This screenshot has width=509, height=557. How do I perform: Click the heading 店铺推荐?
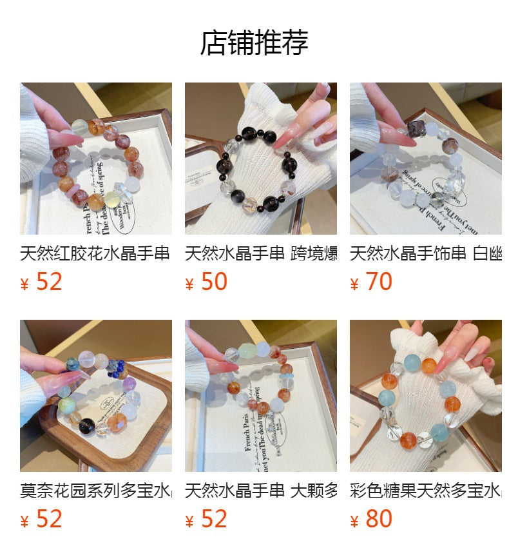(254, 43)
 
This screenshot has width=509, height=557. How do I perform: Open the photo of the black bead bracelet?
(260, 159)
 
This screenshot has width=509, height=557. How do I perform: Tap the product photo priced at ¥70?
(425, 159)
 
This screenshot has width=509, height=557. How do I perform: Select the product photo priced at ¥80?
(425, 396)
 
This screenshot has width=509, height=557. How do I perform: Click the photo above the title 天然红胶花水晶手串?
(95, 159)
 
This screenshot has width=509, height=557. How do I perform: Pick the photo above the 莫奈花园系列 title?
(95, 396)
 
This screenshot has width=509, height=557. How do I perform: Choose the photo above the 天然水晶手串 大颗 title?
(260, 396)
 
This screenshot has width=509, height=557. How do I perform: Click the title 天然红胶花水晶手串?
(95, 253)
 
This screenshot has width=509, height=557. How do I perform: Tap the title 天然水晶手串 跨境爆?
(260, 253)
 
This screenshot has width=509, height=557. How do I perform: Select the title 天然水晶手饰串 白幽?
(425, 253)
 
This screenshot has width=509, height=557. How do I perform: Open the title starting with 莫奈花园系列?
(95, 491)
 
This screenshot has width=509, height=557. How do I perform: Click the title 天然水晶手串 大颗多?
(260, 491)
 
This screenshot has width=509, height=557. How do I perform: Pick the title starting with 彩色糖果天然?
(425, 491)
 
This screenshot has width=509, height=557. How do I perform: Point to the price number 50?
(214, 282)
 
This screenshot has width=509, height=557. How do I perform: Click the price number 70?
(379, 282)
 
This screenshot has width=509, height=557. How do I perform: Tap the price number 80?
(379, 519)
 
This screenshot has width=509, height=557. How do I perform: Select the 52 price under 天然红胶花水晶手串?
(49, 282)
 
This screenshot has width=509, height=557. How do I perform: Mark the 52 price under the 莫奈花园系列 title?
(49, 519)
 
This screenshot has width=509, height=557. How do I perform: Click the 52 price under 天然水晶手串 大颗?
(214, 519)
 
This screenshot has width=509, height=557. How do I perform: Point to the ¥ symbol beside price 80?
(354, 522)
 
